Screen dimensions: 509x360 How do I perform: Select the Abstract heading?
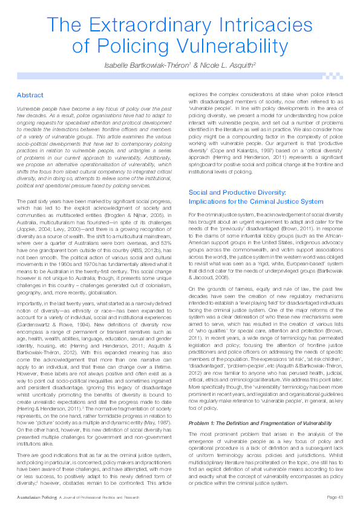(30, 96)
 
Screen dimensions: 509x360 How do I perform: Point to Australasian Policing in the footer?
(36, 497)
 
